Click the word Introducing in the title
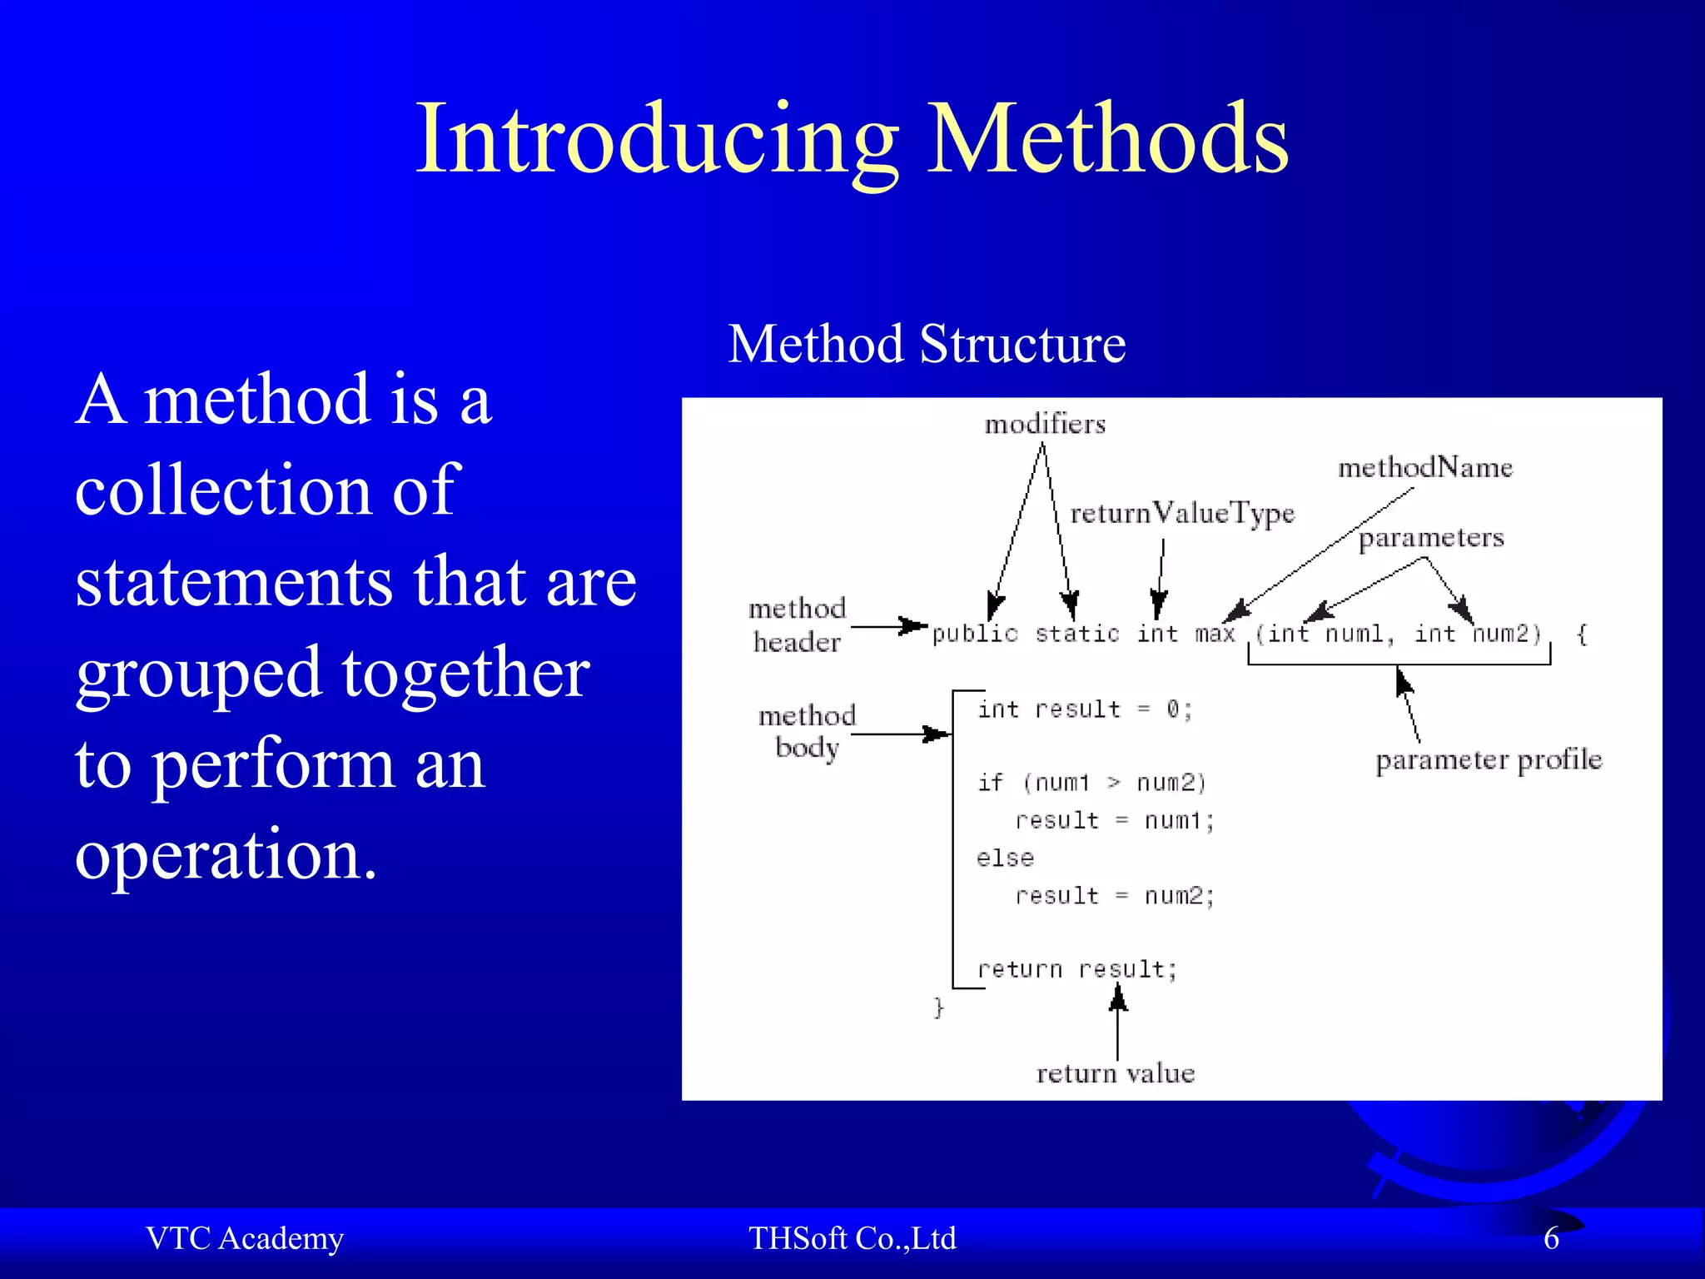tap(658, 139)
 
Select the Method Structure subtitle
tap(927, 344)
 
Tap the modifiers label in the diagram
tap(1045, 425)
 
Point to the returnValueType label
tap(1182, 514)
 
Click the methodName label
tap(1424, 467)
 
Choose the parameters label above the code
tap(1431, 538)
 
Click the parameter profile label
tap(1489, 760)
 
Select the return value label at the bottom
tap(1115, 1073)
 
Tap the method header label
tap(797, 625)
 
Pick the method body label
tap(807, 731)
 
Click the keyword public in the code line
tap(975, 635)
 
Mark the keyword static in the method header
tap(1077, 635)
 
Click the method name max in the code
tap(1215, 635)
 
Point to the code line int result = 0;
tap(1085, 709)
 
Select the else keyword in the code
tap(1005, 858)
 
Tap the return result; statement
tap(1077, 969)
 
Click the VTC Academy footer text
tap(245, 1238)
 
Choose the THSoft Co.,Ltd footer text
tap(852, 1238)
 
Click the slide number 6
tap(1551, 1238)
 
